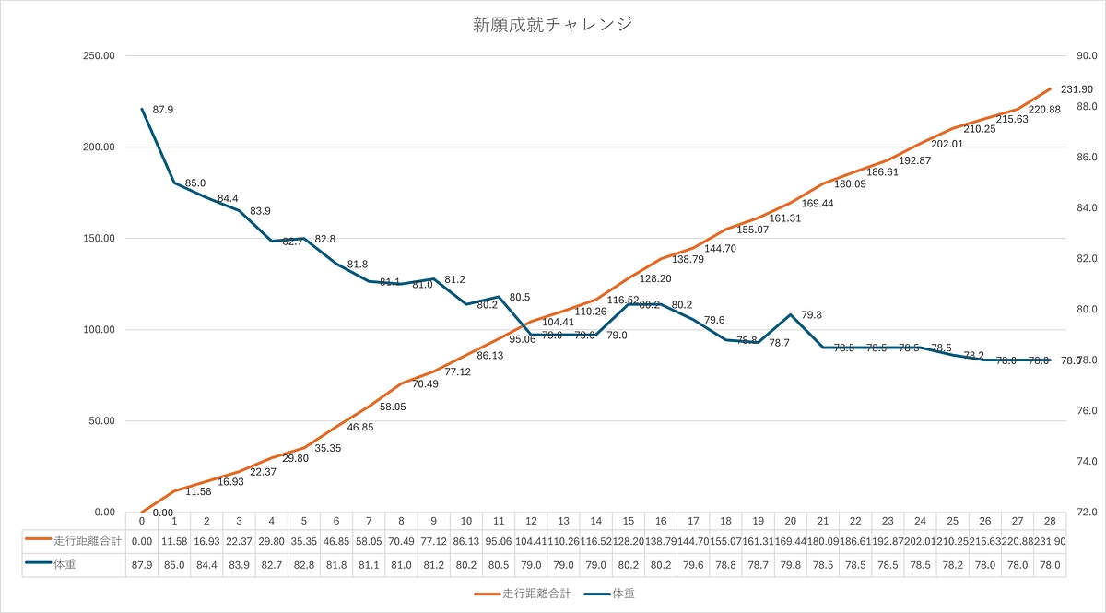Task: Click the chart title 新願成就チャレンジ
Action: pos(553,25)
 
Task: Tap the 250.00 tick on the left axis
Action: pos(97,55)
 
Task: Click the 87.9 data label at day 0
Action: pos(163,110)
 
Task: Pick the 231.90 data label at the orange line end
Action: pos(1077,89)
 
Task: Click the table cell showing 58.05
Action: pos(369,541)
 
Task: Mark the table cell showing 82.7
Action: pos(271,565)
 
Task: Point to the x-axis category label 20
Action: pos(790,521)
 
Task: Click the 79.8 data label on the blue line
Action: pos(810,315)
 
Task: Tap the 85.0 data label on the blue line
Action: pos(195,183)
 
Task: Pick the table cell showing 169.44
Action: pos(790,541)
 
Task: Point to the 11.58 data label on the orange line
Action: pos(198,492)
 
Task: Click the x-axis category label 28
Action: pos(1050,521)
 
